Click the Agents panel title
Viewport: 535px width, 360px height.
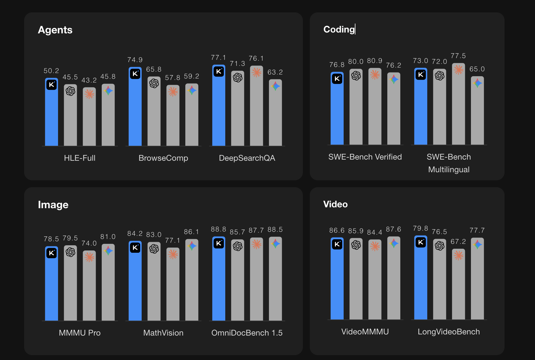[x=55, y=30]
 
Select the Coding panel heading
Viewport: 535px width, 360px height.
[x=339, y=29]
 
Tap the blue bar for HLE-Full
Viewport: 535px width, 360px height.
[x=51, y=115]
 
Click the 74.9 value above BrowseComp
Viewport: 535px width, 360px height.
[x=135, y=60]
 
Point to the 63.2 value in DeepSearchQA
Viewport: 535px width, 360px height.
[x=275, y=72]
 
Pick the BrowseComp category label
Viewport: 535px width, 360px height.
[x=163, y=158]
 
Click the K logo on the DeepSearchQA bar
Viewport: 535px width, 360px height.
[x=219, y=71]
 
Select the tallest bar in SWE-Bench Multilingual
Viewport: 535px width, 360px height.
[x=458, y=106]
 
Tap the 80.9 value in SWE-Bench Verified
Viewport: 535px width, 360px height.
[x=375, y=61]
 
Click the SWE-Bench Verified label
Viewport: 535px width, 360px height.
[x=365, y=157]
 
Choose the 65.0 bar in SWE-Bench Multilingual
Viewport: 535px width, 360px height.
[x=477, y=112]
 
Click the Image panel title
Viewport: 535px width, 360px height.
[x=53, y=205]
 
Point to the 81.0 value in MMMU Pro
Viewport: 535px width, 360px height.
[x=108, y=237]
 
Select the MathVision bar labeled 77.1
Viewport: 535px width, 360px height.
[x=173, y=285]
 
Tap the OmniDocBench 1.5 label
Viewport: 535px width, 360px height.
[x=247, y=333]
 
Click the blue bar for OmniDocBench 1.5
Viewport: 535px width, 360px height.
[x=219, y=282]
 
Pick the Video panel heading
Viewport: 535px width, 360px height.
[x=335, y=204]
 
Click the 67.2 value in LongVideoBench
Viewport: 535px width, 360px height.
[x=458, y=242]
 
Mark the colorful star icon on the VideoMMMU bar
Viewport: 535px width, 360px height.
[x=394, y=244]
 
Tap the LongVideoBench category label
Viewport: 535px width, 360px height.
[x=449, y=332]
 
